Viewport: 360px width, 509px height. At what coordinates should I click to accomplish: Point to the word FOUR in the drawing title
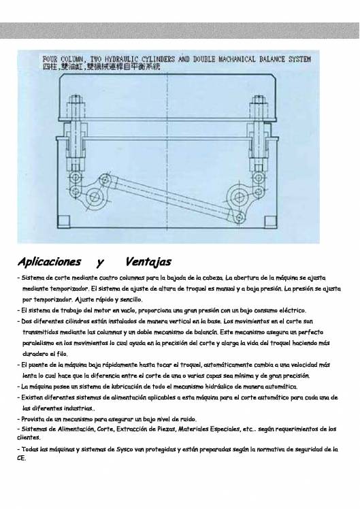click(51, 59)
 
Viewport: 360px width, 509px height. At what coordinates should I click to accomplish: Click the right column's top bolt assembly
click(259, 109)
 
